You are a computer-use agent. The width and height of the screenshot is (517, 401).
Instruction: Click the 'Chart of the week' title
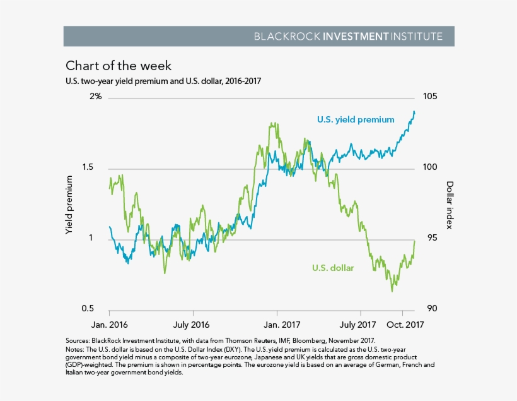pos(119,66)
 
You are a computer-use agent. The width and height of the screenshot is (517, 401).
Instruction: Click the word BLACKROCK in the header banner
pos(286,36)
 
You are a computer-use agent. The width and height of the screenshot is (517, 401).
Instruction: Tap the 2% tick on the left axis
pos(95,97)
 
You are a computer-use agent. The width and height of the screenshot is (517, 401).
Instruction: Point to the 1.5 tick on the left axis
pos(93,168)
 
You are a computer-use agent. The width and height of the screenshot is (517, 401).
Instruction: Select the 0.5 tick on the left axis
pos(93,309)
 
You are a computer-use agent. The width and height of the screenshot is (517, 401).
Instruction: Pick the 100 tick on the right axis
pos(430,168)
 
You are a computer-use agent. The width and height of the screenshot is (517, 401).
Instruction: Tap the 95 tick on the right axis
pos(430,239)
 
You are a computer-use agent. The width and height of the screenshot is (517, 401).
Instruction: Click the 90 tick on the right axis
pos(430,309)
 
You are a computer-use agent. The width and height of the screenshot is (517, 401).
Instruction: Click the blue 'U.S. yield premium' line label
pos(356,119)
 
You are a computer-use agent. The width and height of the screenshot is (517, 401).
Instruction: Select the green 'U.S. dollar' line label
pos(333,268)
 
